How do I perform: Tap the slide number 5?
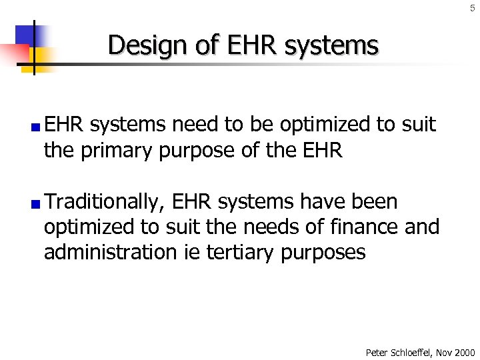(472, 7)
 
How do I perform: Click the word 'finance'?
(361, 227)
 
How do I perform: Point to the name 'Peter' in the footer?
(377, 352)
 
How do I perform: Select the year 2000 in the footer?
(464, 352)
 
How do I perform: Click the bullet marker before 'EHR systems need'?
(39, 126)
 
